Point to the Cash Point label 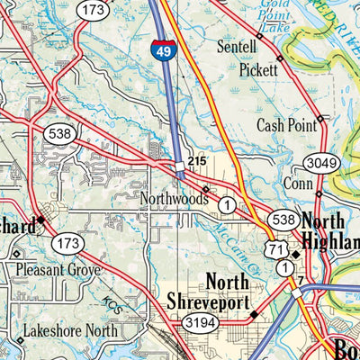(x=283, y=125)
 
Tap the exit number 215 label (x=197, y=160)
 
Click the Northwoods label (x=174, y=197)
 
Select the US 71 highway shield (x=274, y=248)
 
